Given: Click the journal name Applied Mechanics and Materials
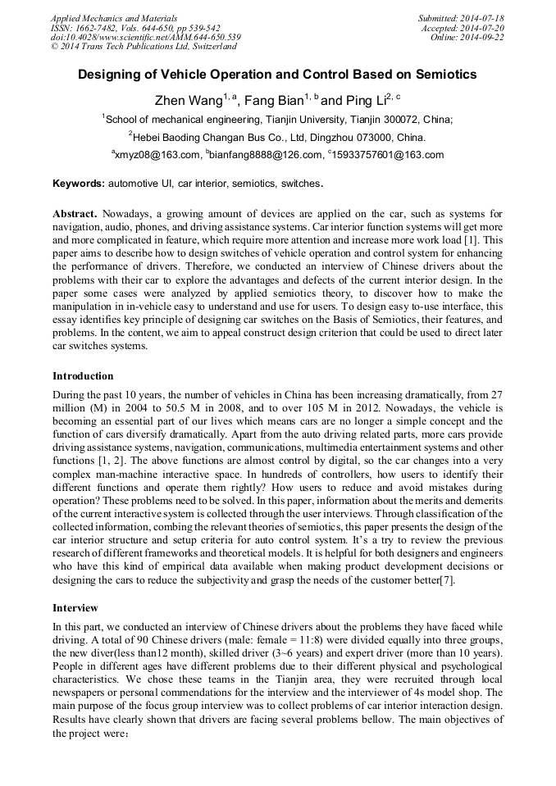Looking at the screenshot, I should pyautogui.click(x=114, y=17).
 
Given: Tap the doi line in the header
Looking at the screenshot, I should pyautogui.click(x=145, y=37).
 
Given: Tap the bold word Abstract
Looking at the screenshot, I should pyautogui.click(x=76, y=213).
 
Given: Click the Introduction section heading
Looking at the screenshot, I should pyautogui.click(x=83, y=376).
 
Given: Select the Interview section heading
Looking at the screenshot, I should pyautogui.click(x=75, y=608).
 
